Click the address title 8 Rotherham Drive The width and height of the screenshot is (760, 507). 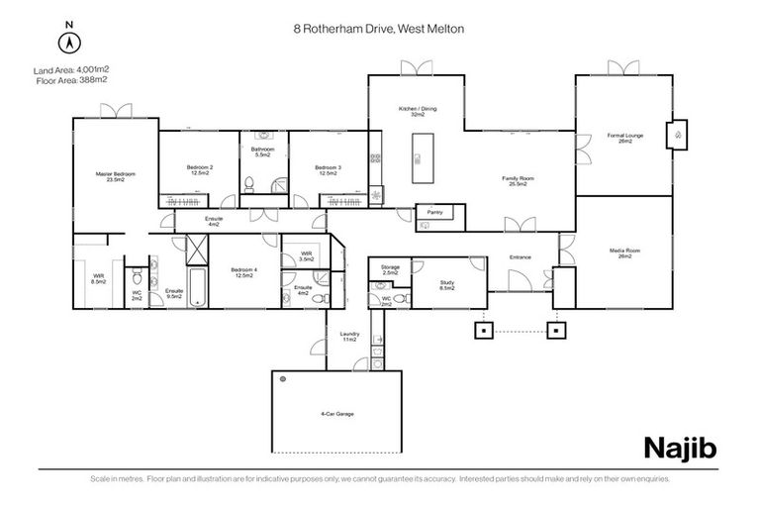[379, 30]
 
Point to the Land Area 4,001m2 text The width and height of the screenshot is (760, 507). [71, 68]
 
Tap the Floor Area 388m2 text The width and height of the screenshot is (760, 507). [71, 79]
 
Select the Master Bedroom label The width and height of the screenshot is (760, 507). [115, 177]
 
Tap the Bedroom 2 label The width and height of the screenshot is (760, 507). [200, 170]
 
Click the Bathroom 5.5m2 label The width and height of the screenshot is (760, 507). [263, 152]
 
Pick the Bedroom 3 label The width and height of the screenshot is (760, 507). [328, 170]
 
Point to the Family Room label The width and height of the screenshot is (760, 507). [519, 181]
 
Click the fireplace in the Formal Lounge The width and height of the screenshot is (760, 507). [677, 134]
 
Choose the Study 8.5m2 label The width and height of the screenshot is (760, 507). [447, 285]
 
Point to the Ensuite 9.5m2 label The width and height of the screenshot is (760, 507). [174, 293]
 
